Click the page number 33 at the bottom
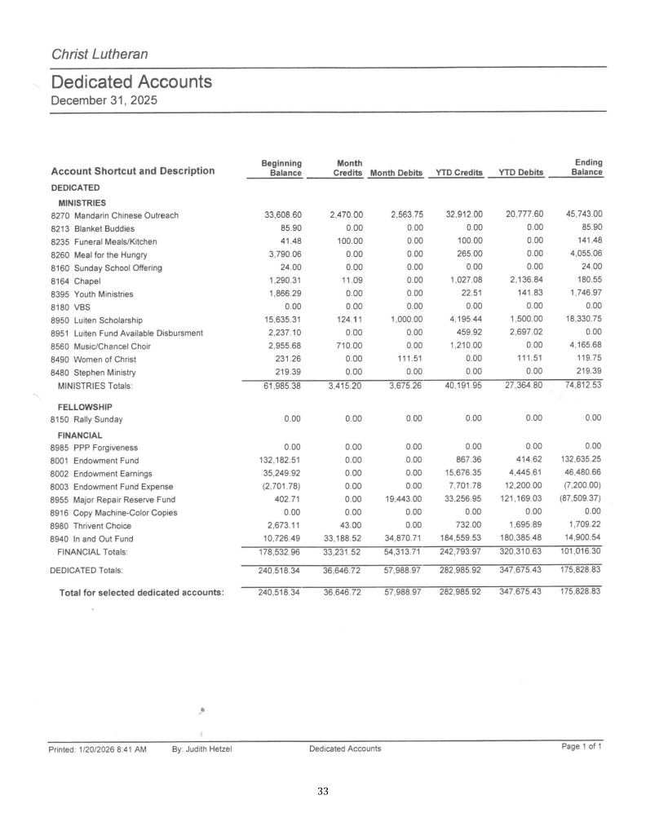(323, 791)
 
